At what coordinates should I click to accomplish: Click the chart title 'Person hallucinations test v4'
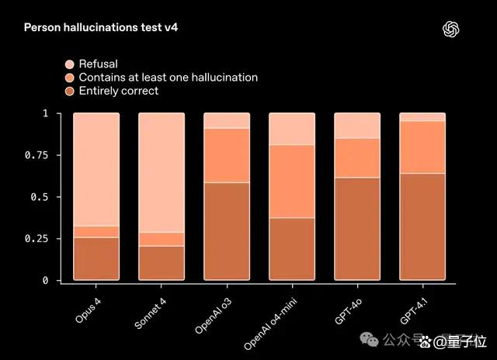(101, 27)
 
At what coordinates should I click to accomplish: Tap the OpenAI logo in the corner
(450, 29)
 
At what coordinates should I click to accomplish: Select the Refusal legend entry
(92, 64)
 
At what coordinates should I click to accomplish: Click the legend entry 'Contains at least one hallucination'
(162, 78)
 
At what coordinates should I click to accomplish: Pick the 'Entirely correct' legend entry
(112, 92)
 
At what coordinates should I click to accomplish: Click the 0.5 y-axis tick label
(40, 197)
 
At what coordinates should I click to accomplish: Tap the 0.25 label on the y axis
(36, 239)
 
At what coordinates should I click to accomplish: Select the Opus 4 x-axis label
(88, 310)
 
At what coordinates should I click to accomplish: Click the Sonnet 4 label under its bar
(150, 313)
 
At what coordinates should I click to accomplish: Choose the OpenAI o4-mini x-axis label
(270, 324)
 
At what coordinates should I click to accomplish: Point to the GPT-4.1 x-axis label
(414, 311)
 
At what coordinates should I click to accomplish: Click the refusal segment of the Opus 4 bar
(96, 169)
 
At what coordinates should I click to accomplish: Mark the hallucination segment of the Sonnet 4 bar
(162, 240)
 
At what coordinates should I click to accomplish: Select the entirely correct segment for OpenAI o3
(227, 231)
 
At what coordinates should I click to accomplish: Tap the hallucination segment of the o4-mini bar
(292, 182)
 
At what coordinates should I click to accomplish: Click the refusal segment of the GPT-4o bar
(357, 126)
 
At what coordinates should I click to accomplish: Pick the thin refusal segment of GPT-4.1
(422, 117)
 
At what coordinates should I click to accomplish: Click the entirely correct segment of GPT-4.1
(422, 227)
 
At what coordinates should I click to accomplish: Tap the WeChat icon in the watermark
(369, 339)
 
